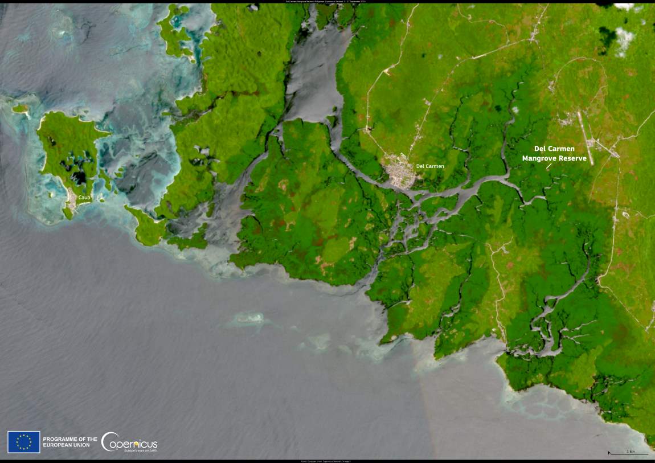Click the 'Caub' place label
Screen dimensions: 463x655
85,198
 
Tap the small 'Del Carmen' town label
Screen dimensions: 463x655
430,166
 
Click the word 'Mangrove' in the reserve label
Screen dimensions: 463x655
541,159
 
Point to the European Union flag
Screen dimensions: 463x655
23,442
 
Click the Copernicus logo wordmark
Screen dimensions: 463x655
129,442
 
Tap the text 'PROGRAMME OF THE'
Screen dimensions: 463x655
70,439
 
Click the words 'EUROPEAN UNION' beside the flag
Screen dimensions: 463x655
66,445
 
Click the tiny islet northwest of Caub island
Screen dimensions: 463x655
21,108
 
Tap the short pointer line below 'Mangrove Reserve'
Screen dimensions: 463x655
549,166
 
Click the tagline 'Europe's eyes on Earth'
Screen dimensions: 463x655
140,450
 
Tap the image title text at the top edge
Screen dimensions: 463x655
327,2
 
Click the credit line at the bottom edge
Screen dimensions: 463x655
327,461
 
